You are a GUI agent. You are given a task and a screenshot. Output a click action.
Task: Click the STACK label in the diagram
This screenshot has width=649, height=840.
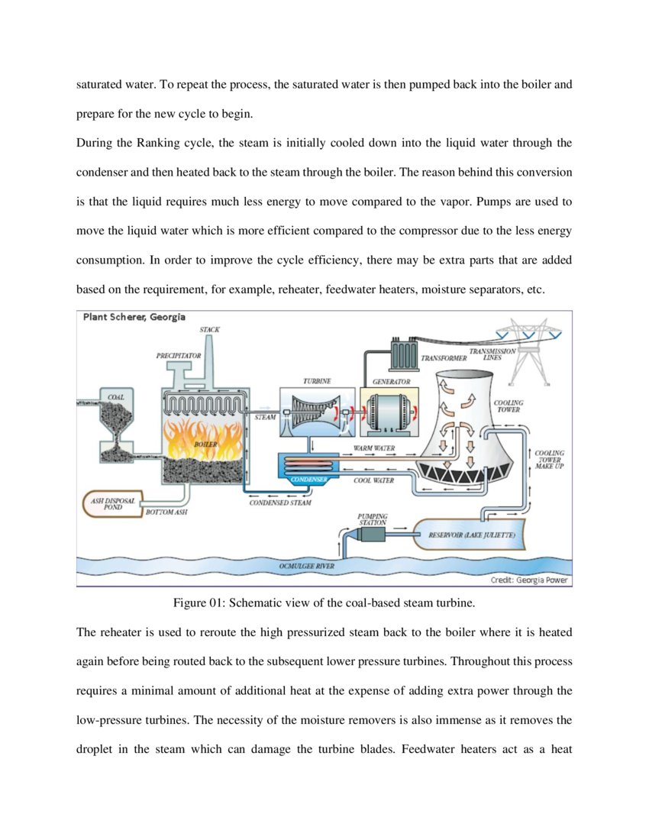[209, 329]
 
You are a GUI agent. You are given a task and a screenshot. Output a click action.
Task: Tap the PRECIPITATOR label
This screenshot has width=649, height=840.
[178, 355]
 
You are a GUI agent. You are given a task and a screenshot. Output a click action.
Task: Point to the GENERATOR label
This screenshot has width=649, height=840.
[390, 381]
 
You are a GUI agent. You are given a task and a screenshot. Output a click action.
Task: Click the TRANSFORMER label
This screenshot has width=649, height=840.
[444, 357]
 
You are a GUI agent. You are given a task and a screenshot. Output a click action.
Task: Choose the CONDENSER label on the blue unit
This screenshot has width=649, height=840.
[309, 479]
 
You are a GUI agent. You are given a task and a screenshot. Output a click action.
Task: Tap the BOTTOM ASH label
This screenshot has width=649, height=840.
[166, 512]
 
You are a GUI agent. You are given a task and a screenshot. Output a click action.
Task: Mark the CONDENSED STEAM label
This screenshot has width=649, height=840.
[280, 502]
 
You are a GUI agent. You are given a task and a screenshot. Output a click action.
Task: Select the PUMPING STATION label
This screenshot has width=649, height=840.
[372, 519]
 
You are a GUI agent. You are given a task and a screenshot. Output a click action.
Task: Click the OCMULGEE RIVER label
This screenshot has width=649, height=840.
[306, 567]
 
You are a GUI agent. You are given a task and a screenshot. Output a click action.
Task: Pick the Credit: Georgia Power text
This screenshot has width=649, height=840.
[529, 580]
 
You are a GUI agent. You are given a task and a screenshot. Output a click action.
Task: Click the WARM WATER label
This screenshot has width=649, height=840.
[374, 447]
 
